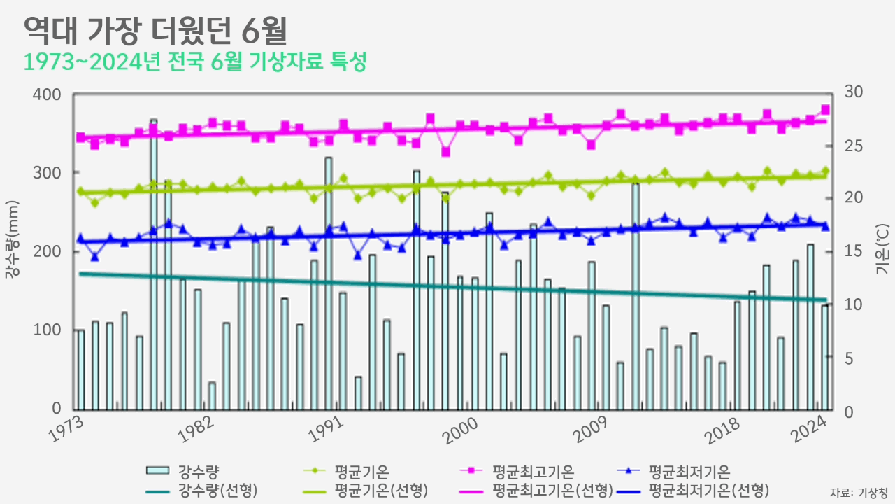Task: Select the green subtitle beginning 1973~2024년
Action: coord(195,62)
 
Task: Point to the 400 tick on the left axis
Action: coord(48,94)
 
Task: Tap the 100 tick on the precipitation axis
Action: coord(48,330)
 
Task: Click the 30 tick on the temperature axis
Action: coord(854,92)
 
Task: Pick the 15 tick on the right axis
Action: coord(854,251)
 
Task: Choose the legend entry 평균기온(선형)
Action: coord(381,489)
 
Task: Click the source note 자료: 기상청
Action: coord(859,491)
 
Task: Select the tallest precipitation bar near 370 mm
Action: coord(154,265)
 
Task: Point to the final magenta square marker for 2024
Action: coord(825,109)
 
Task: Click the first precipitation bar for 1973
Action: coord(80,370)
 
